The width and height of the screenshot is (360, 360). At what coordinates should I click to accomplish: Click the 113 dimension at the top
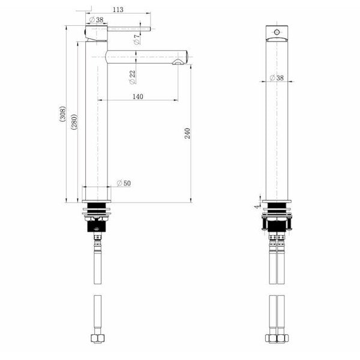tap(118, 9)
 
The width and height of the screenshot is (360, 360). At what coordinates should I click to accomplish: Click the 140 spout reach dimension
tap(137, 96)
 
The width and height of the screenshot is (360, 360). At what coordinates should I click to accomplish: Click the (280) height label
tap(74, 124)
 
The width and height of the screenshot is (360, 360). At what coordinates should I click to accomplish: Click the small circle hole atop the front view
tap(277, 29)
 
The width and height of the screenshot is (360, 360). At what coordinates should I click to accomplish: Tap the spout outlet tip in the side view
tap(179, 62)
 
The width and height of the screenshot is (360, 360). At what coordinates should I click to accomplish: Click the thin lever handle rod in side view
tap(128, 29)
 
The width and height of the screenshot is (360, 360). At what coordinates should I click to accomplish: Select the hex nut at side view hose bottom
tap(96, 339)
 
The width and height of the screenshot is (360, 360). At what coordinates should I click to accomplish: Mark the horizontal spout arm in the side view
tap(144, 56)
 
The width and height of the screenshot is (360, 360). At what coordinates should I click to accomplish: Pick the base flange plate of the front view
tap(277, 202)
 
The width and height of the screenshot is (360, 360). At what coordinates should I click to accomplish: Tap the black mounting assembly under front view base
tap(277, 219)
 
